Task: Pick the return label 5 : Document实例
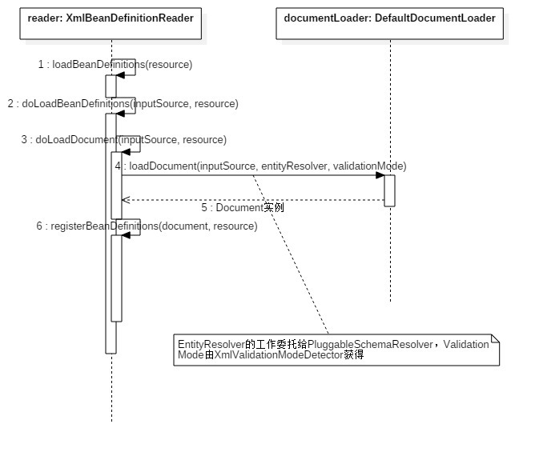point(242,207)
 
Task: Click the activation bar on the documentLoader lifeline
point(389,190)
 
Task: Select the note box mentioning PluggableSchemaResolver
point(336,350)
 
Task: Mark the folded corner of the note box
point(495,339)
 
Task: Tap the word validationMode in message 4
point(369,166)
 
